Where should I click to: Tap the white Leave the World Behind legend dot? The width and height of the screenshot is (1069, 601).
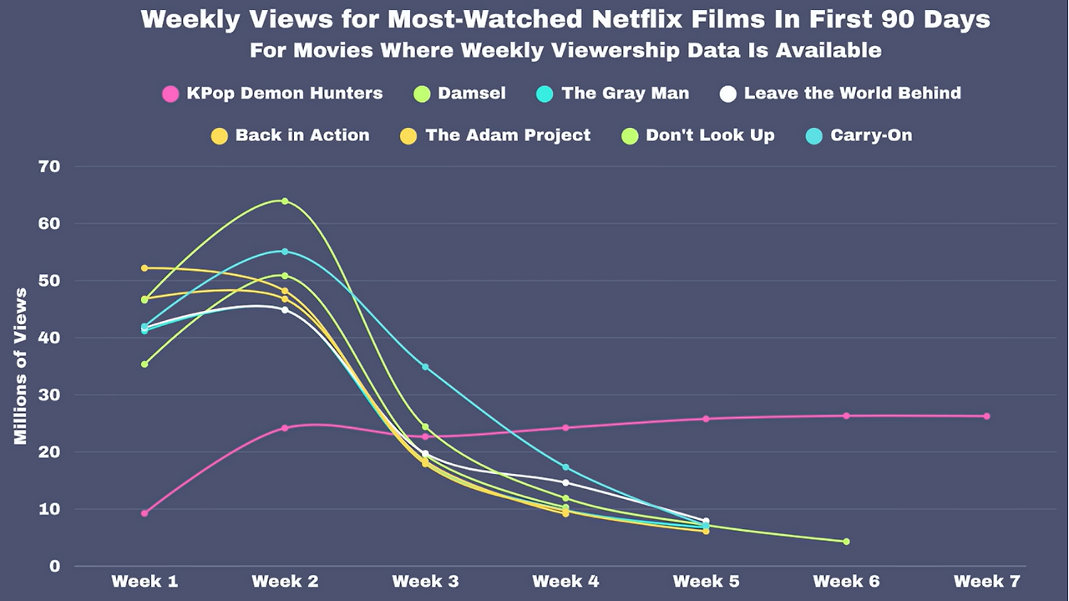728,94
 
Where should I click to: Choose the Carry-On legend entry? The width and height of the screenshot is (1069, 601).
871,135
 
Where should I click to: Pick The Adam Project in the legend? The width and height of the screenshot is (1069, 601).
508,135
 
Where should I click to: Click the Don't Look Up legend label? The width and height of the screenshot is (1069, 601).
710,135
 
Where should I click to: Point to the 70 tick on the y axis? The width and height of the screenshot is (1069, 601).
49,166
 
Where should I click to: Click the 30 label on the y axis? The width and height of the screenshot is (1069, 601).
49,395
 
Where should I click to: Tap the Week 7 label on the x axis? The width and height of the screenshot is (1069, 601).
986,581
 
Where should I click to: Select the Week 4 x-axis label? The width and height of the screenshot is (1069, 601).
565,581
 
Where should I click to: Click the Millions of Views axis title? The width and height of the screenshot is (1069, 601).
21,366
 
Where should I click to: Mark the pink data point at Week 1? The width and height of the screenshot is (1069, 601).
144,513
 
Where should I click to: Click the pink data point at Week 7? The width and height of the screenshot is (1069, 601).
986,416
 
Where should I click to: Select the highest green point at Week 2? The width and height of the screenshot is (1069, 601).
285,201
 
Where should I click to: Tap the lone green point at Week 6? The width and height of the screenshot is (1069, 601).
846,542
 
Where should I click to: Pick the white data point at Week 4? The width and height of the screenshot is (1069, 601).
565,482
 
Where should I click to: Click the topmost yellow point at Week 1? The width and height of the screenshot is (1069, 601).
144,268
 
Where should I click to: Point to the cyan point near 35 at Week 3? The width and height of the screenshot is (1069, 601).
425,367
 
